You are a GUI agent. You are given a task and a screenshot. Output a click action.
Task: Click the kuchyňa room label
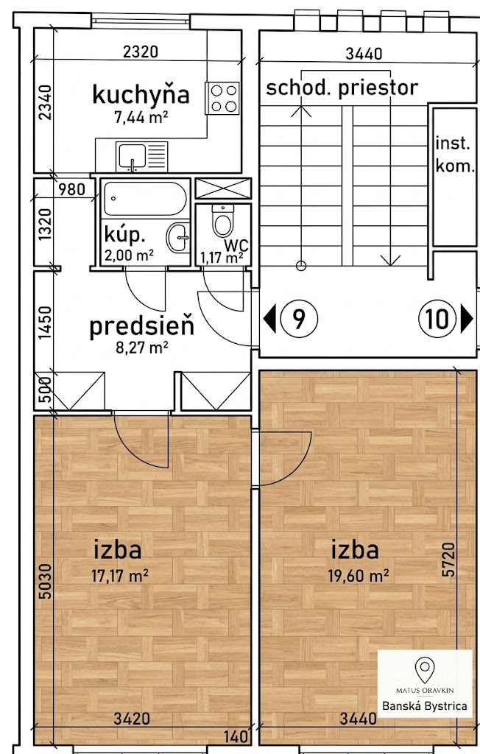tap(141, 94)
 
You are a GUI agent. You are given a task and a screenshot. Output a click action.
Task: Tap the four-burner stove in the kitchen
tap(222, 98)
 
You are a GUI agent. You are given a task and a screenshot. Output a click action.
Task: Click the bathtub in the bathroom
tap(145, 198)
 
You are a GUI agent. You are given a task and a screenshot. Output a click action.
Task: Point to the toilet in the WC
tap(222, 222)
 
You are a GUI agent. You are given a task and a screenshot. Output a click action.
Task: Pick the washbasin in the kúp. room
tap(177, 237)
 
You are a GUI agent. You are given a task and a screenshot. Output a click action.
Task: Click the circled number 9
tap(299, 318)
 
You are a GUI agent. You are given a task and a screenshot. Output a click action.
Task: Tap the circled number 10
tap(437, 318)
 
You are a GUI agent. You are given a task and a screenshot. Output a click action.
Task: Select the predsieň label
tap(142, 326)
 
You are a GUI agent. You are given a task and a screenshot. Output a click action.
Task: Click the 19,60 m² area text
tap(359, 575)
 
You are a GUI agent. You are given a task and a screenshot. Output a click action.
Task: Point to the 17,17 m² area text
tap(120, 575)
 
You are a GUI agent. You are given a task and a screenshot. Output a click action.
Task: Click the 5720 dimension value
tap(448, 560)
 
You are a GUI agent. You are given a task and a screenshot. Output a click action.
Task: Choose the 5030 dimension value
tap(45, 582)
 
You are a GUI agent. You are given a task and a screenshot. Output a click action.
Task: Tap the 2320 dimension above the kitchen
tap(141, 52)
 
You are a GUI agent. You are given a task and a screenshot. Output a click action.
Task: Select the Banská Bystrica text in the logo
tap(424, 706)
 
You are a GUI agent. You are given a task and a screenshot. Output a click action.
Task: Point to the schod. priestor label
tap(342, 88)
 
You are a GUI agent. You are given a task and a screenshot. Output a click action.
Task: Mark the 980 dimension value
tap(71, 189)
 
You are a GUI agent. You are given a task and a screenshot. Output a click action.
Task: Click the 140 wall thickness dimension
tap(236, 736)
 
